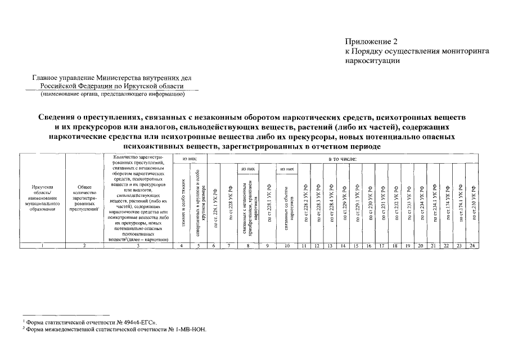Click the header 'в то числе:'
343,160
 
